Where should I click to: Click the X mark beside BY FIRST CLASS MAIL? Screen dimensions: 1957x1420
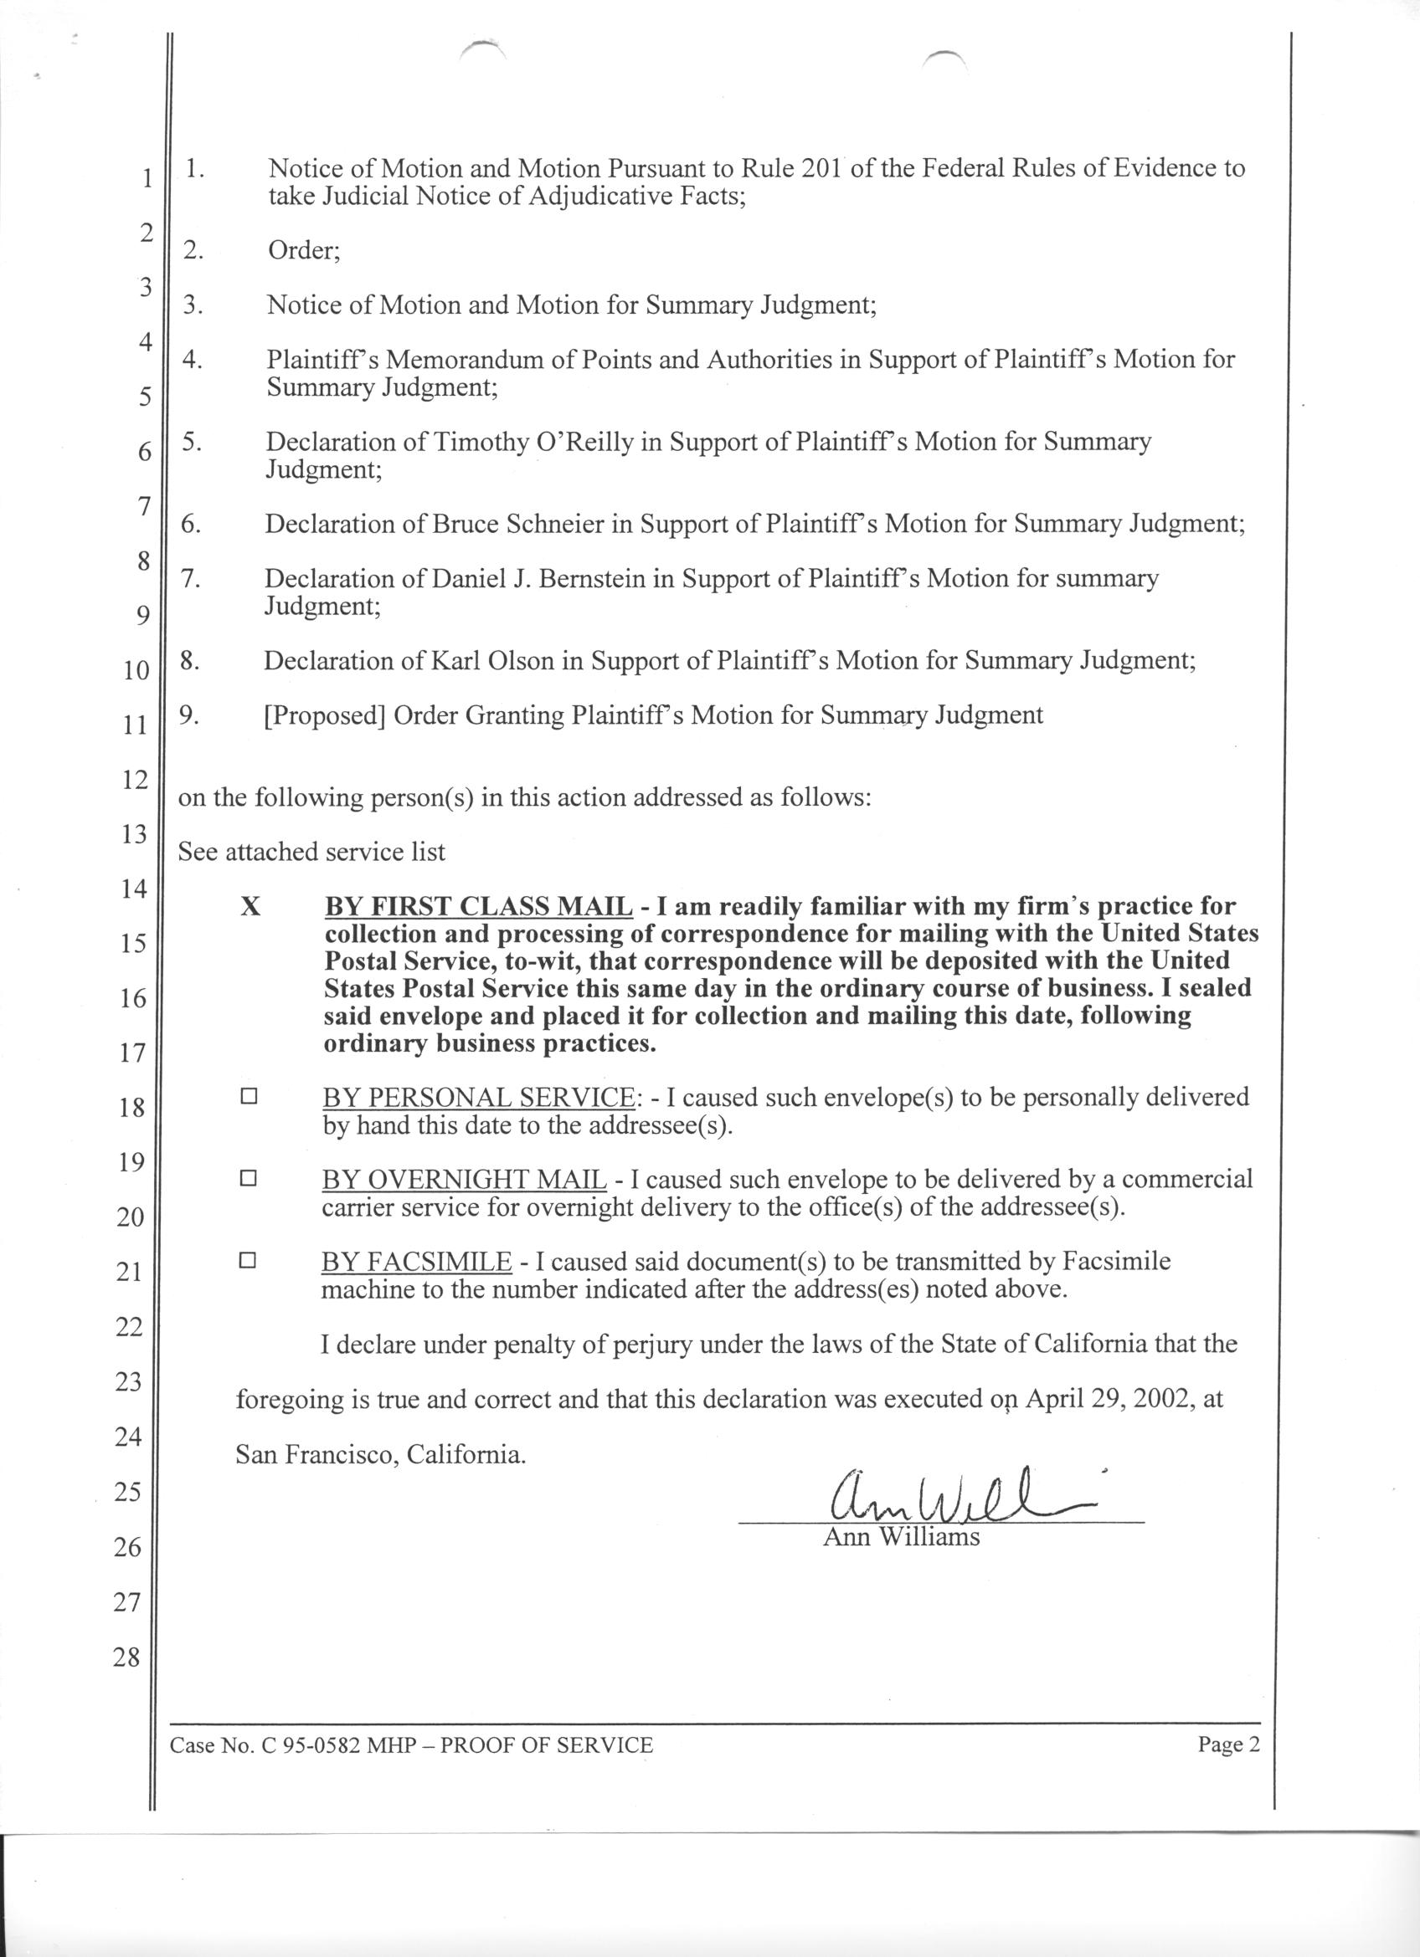[x=250, y=907]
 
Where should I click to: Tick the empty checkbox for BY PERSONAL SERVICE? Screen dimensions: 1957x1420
[x=250, y=1097]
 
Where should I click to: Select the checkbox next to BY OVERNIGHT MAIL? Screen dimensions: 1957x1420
[x=249, y=1178]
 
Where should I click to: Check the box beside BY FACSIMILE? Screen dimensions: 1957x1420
[x=248, y=1261]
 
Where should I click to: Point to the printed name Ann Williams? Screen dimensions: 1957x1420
[x=901, y=1537]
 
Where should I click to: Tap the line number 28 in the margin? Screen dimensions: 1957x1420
[x=126, y=1657]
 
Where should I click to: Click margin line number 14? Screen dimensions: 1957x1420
[x=134, y=888]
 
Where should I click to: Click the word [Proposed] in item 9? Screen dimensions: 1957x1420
[x=325, y=715]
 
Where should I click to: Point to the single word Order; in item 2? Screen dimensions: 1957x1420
[x=304, y=250]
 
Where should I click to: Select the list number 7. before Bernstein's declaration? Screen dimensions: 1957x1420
[x=191, y=578]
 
